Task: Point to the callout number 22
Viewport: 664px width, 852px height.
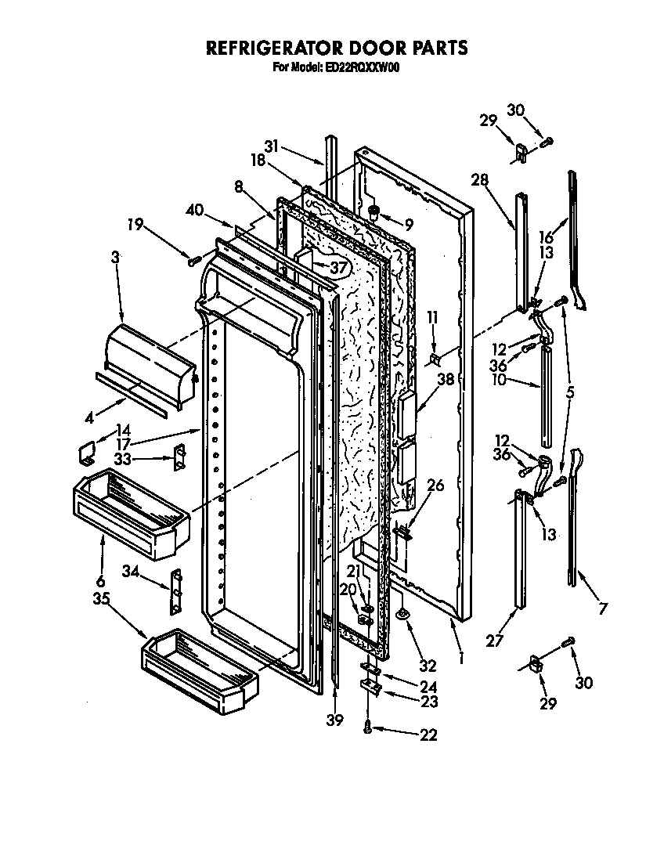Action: [x=428, y=735]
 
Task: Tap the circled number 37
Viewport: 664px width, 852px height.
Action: [x=337, y=268]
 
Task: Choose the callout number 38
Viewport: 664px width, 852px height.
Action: [x=445, y=378]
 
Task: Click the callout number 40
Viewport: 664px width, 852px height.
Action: [x=195, y=209]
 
